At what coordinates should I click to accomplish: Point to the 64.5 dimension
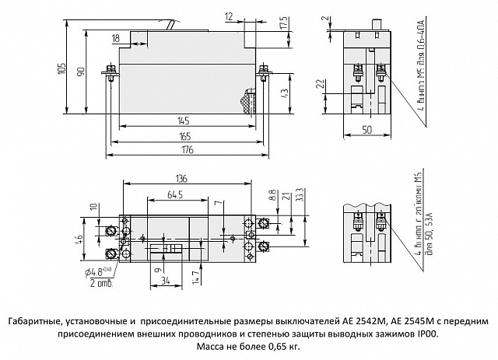tap(174, 194)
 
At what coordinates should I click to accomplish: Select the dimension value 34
tap(163, 279)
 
